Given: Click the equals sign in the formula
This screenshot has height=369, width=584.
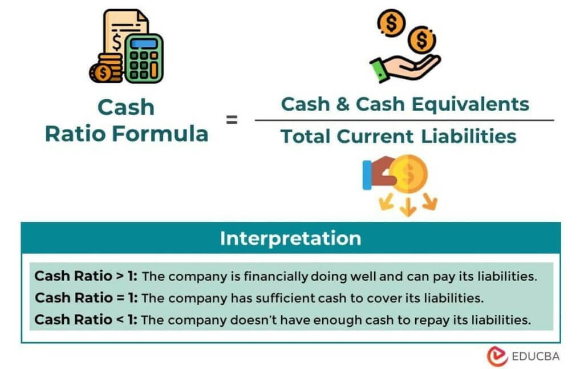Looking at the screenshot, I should (232, 120).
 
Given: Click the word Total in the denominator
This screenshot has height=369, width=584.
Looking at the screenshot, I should (305, 137).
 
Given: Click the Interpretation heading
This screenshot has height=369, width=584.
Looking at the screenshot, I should (290, 238).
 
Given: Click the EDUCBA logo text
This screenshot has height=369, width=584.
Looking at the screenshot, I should (536, 356).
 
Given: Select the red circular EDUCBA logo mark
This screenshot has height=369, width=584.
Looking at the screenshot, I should (497, 356).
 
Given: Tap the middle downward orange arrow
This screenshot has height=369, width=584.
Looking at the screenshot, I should (407, 208).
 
